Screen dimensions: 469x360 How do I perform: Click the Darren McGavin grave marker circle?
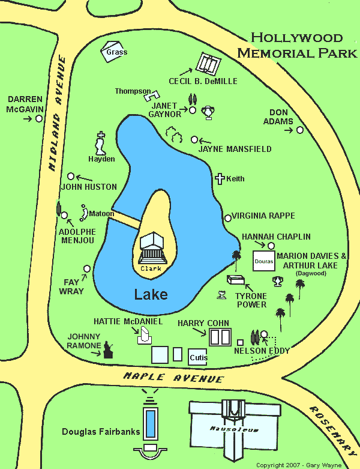click(39, 119)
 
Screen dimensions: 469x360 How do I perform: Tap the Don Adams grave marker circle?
click(300, 130)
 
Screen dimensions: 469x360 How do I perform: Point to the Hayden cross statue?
click(101, 144)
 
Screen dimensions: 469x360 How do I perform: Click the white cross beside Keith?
click(220, 178)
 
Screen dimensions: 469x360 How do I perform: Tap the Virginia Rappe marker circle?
click(227, 217)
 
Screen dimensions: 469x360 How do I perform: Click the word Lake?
click(151, 295)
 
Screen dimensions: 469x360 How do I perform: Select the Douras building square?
click(264, 262)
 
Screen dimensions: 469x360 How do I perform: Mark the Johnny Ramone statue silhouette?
click(109, 349)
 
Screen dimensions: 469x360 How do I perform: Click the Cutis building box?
click(197, 357)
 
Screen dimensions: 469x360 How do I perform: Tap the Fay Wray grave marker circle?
click(87, 268)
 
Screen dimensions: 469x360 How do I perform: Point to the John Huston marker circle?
click(71, 176)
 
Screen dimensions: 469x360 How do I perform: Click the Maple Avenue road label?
click(174, 378)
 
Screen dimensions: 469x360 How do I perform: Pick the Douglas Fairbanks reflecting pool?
click(151, 424)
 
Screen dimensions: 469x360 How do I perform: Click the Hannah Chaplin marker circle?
click(271, 246)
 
